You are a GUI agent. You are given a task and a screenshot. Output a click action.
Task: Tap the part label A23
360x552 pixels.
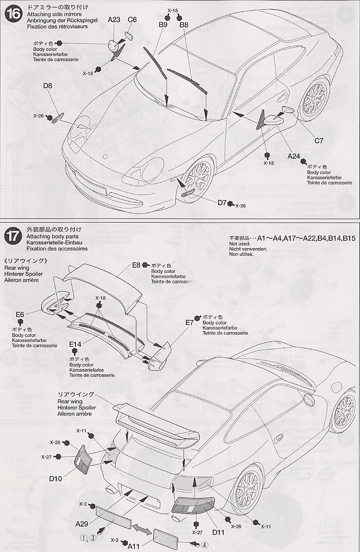[x=114, y=20]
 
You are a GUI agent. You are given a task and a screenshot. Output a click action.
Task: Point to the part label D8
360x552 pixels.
[x=48, y=86]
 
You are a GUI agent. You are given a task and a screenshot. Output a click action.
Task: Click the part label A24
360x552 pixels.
[x=294, y=157]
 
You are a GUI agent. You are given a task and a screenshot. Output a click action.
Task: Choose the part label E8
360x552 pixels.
[x=136, y=265]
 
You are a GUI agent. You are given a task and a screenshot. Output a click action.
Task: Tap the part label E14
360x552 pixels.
[x=75, y=344]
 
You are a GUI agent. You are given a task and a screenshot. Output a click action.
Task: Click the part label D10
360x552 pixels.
[x=56, y=478]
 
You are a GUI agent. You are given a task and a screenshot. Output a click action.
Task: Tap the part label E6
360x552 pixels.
[x=20, y=314]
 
